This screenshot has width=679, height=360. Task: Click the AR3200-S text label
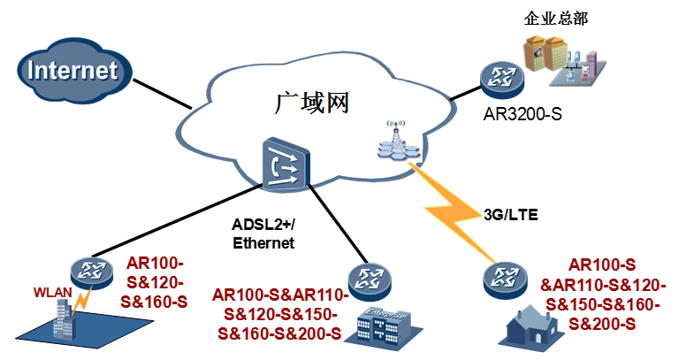click(x=523, y=114)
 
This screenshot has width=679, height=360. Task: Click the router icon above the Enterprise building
click(x=368, y=282)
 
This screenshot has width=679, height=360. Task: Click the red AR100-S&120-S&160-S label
click(x=157, y=282)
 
